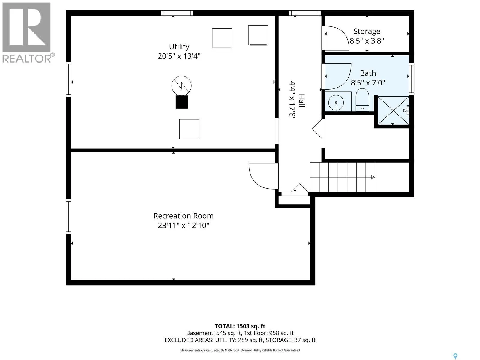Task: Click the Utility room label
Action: (x=179, y=46)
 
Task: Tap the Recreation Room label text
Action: (x=184, y=216)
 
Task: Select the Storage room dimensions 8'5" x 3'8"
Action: (x=367, y=41)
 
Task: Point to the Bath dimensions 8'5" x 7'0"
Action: (x=368, y=83)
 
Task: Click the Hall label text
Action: (x=302, y=100)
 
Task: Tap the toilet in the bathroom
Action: (x=362, y=100)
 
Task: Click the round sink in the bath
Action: (x=336, y=103)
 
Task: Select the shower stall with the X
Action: (x=393, y=110)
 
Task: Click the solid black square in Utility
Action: (x=182, y=102)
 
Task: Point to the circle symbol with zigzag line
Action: (x=181, y=86)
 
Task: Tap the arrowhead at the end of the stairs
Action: (x=373, y=177)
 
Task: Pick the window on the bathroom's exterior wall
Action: (x=412, y=79)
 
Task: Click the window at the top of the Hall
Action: (x=305, y=13)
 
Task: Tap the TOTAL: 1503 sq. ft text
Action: (x=240, y=326)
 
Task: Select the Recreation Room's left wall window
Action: (x=69, y=216)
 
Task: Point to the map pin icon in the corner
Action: (x=455, y=350)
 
